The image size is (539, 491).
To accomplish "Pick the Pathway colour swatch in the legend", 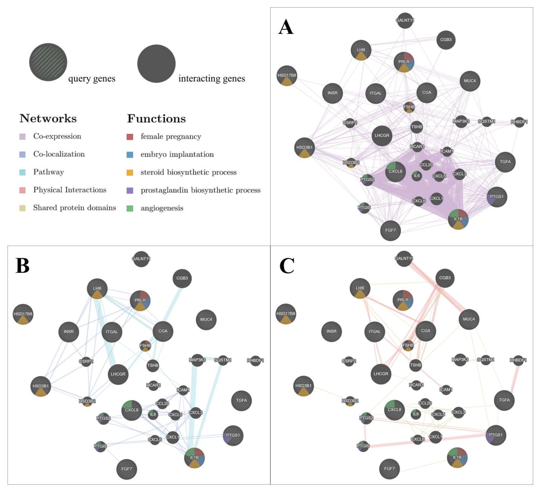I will [22, 172].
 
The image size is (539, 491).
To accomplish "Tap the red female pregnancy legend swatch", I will [130, 137].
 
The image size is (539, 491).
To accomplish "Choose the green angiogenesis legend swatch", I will [130, 208].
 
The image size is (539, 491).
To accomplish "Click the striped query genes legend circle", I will [48, 62].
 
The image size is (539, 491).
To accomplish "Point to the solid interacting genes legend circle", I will [156, 64].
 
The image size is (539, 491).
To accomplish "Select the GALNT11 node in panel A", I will [405, 20].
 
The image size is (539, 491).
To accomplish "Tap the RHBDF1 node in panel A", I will [519, 122].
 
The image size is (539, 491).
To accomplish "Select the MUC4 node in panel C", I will [469, 319].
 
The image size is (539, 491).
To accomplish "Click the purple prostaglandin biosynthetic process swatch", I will [130, 190].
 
